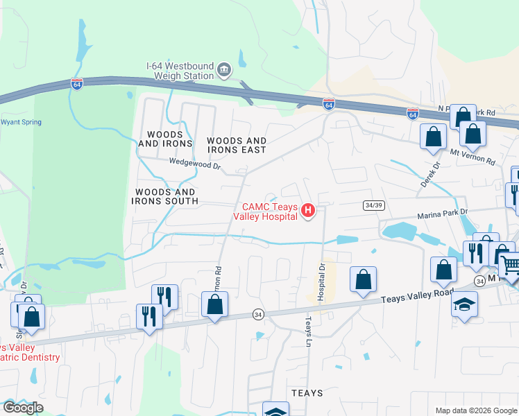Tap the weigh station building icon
click(x=224, y=69)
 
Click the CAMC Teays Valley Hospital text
click(x=270, y=211)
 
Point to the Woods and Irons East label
click(x=237, y=145)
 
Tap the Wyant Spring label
click(x=21, y=122)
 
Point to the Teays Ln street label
click(x=308, y=332)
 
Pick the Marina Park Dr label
click(x=445, y=214)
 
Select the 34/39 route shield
click(x=373, y=205)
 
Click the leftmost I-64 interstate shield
click(x=76, y=84)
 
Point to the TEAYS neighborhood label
click(x=307, y=393)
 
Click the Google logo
click(x=23, y=408)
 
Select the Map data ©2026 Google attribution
click(x=475, y=410)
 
